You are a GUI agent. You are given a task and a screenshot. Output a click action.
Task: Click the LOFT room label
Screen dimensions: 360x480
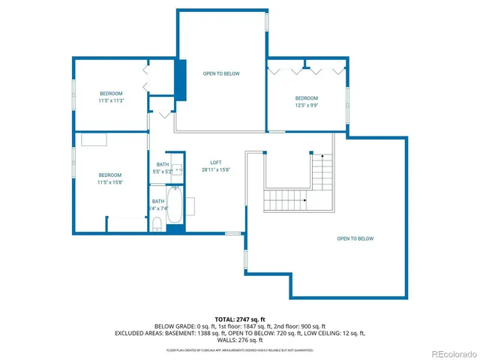(216, 163)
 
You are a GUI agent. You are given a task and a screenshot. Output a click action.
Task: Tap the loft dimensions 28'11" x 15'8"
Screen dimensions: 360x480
(216, 169)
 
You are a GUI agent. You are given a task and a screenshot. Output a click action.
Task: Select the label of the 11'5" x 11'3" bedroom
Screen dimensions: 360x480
(110, 94)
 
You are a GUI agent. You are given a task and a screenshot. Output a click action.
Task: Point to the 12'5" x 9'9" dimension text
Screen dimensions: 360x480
(306, 106)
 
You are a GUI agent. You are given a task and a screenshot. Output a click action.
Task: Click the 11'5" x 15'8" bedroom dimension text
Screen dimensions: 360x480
(109, 181)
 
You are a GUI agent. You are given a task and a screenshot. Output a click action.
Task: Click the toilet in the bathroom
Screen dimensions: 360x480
(157, 225)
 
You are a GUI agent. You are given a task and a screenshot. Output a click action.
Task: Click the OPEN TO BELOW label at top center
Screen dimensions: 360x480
(221, 73)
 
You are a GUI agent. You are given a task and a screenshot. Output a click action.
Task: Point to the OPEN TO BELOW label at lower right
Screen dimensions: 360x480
(355, 238)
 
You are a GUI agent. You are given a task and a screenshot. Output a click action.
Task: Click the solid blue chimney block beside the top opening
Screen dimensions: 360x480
(181, 75)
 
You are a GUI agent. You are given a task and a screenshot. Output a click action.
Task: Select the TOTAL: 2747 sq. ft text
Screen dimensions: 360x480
(240, 319)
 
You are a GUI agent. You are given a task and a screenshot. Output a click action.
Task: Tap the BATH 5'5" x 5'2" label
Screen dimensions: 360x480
(163, 168)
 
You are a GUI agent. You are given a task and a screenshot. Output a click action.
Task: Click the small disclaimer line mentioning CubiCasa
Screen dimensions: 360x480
(240, 349)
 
